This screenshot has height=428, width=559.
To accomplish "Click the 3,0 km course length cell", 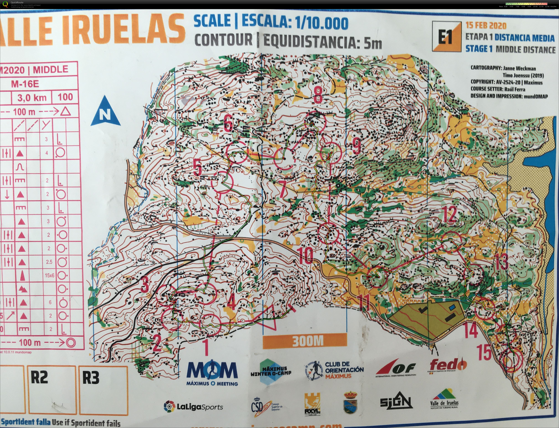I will (32, 97).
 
